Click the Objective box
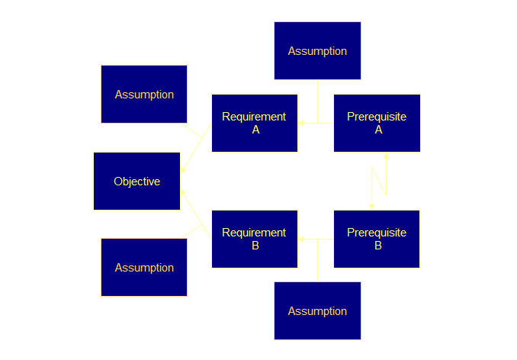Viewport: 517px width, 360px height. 136,181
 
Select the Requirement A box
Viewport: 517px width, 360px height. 254,123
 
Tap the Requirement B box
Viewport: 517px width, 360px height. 254,239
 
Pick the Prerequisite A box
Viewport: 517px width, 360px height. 377,123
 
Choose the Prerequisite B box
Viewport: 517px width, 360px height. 377,239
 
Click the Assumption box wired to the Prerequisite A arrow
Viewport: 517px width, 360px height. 317,51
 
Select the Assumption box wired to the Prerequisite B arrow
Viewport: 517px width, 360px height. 317,310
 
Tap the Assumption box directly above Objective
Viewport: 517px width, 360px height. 144,95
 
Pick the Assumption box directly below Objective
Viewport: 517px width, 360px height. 144,267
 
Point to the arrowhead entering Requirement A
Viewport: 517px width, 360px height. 301,122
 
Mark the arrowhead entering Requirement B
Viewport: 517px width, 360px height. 301,239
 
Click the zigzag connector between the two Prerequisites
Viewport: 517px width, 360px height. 379,181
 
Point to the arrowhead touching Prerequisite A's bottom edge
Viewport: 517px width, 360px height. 386,156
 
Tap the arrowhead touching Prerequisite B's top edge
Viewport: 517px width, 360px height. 372,205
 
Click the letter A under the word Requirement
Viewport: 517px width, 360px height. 255,130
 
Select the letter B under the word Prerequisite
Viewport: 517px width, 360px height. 378,246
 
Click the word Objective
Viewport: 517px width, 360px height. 136,182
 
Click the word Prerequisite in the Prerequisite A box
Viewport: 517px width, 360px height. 377,117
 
